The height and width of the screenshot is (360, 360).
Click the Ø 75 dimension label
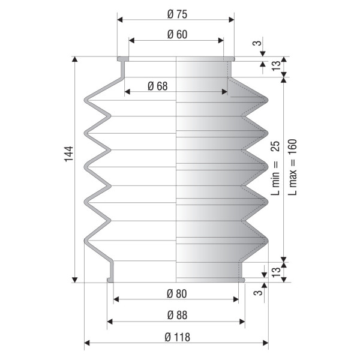[x=177, y=14]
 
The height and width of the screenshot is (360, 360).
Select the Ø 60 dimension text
[x=177, y=34]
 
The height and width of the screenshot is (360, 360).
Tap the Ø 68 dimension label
[x=158, y=86]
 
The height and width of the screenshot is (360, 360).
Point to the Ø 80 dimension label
[x=177, y=294]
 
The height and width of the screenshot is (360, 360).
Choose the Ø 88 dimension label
[x=177, y=315]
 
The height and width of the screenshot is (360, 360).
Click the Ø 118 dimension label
[x=177, y=337]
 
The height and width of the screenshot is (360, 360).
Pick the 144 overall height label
[x=69, y=154]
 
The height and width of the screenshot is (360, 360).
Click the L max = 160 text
[x=293, y=167]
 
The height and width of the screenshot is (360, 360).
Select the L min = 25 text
[x=275, y=168]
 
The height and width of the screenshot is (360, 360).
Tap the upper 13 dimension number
[x=276, y=66]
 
